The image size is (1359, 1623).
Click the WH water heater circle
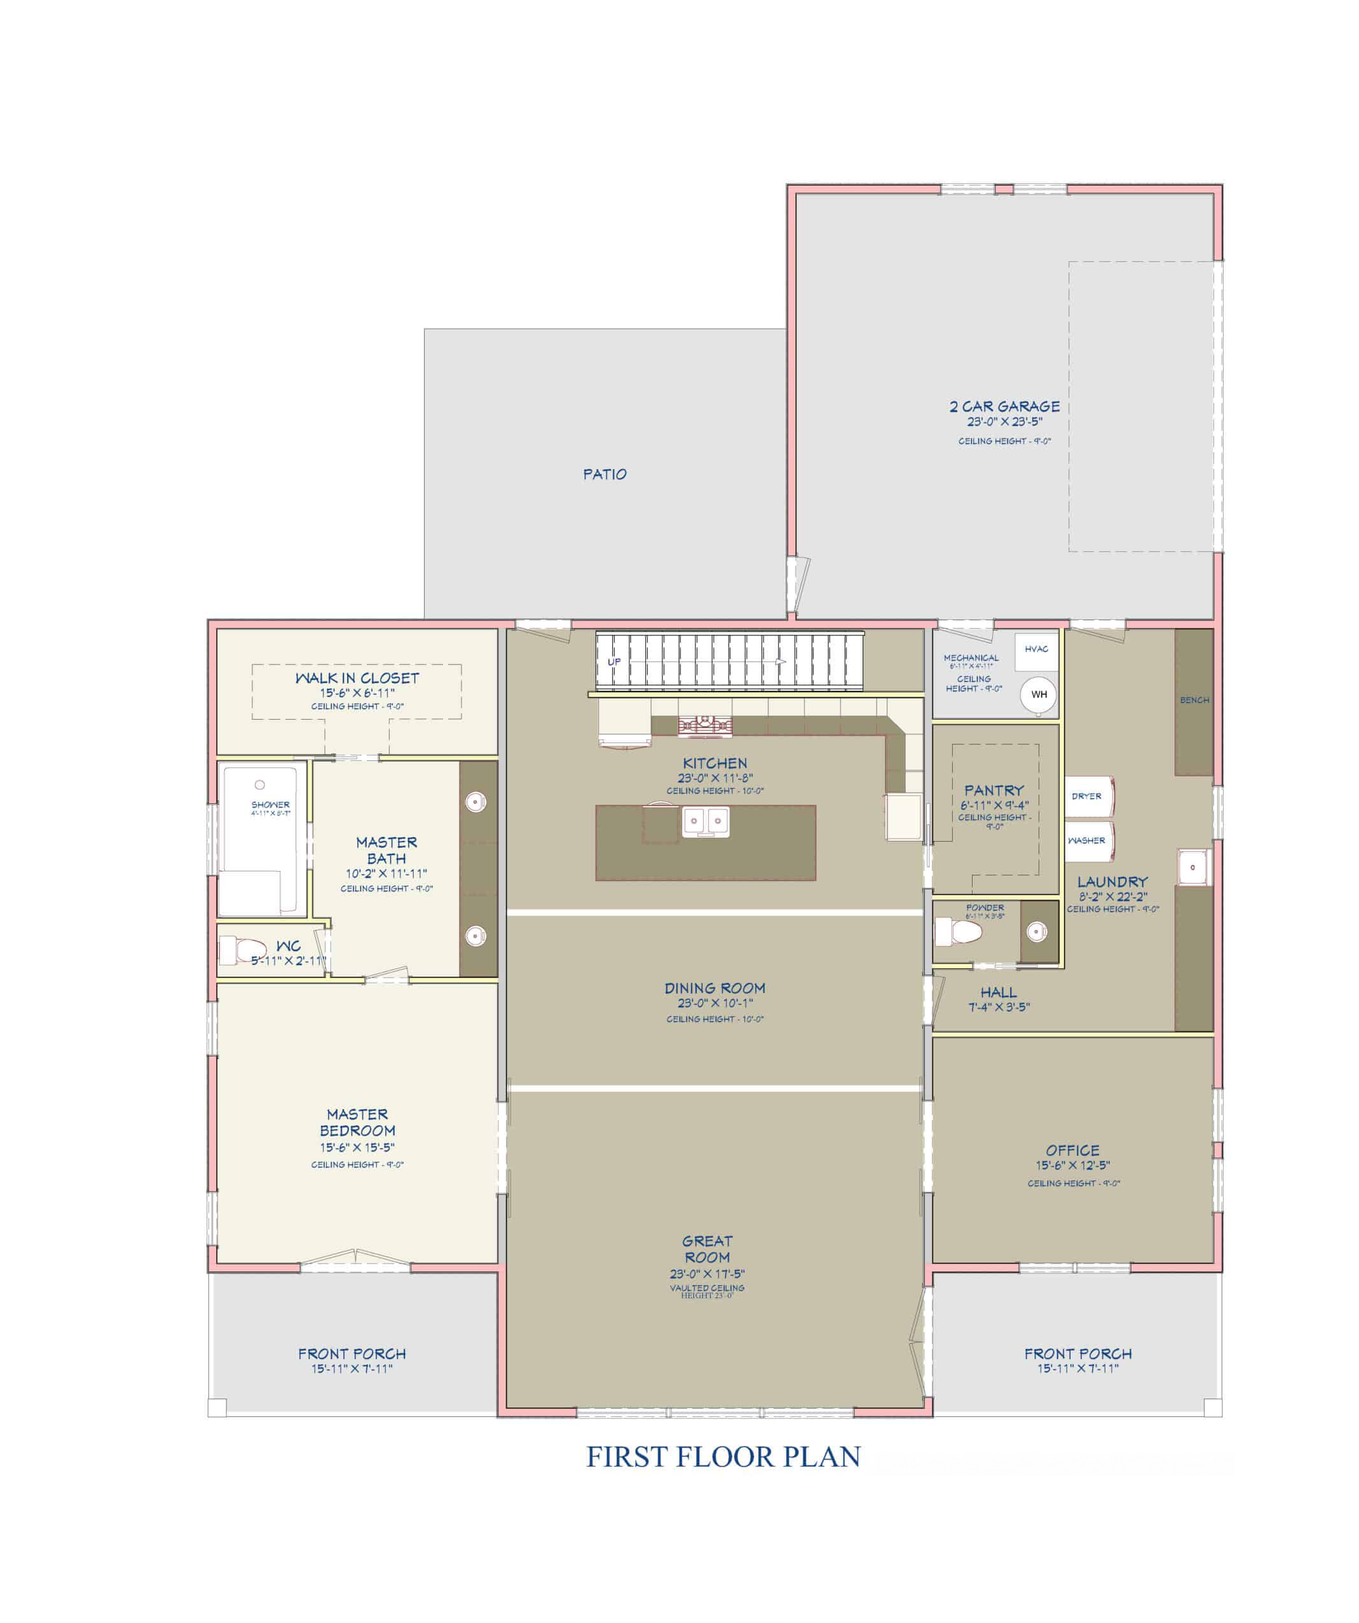(1039, 694)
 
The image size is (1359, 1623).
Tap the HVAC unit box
(1036, 649)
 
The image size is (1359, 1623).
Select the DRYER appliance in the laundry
(1088, 796)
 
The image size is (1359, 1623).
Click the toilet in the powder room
(957, 931)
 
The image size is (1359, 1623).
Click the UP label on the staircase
(613, 662)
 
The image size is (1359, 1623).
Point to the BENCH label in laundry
(1194, 700)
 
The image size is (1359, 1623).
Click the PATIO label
(604, 474)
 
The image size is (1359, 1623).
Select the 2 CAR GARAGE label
(1004, 406)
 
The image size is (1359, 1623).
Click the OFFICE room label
(1072, 1150)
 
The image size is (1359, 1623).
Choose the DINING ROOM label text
(714, 988)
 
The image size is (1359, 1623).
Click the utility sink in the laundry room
(1193, 866)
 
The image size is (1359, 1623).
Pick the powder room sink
(1036, 932)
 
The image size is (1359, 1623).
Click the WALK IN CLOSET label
(357, 678)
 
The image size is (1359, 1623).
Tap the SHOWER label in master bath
(270, 805)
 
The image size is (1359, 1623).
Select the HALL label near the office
(998, 992)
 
